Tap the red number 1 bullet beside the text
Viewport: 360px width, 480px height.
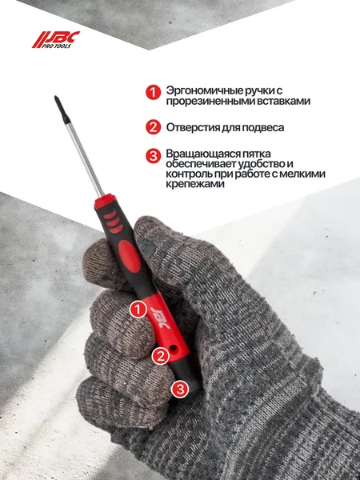(x=153, y=94)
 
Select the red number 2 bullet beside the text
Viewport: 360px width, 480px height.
(x=153, y=128)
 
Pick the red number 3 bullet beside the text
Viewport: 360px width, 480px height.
(x=153, y=155)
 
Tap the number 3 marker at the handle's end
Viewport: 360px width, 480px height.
(x=181, y=390)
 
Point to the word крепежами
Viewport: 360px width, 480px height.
(x=196, y=184)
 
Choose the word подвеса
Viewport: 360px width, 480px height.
(x=284, y=128)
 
